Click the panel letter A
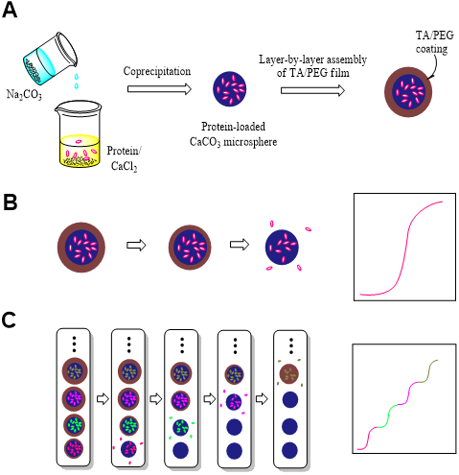tap(10, 10)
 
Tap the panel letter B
tap(10, 202)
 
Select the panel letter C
tap(9, 320)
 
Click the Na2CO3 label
tap(24, 95)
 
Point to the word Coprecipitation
tap(157, 71)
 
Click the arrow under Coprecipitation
tap(159, 88)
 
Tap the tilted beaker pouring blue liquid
tap(51, 59)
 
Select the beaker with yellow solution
tap(79, 133)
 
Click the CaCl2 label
tap(124, 166)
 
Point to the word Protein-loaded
tap(233, 127)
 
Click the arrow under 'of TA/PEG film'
tap(312, 90)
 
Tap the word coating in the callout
tap(431, 49)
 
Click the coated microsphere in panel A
tap(408, 92)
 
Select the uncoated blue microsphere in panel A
tap(230, 89)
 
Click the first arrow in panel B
tap(136, 246)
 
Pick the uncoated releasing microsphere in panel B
tap(282, 247)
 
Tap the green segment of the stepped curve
tap(388, 416)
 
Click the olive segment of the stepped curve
tap(428, 370)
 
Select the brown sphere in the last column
tap(289, 373)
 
